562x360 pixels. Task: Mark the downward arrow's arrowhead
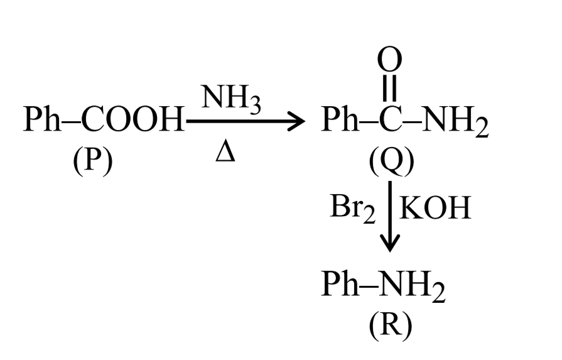click(x=390, y=244)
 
